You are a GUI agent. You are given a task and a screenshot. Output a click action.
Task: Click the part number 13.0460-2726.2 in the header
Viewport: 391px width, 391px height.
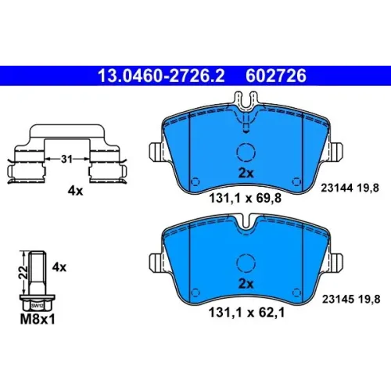pos(161,76)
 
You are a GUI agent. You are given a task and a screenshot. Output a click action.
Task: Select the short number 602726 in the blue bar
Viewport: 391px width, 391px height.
pos(276,76)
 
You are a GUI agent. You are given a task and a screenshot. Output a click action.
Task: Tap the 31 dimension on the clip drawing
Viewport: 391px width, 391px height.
pos(66,159)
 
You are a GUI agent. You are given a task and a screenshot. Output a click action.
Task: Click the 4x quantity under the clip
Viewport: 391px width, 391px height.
pos(75,191)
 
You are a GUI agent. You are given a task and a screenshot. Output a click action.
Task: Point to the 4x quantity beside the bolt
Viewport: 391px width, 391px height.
pos(59,267)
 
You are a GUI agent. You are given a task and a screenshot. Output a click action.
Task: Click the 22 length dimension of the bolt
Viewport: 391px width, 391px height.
pos(24,272)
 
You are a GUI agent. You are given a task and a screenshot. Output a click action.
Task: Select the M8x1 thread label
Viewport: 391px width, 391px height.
pos(38,319)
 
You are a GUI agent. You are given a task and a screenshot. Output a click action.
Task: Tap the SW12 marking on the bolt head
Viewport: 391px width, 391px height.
pos(38,306)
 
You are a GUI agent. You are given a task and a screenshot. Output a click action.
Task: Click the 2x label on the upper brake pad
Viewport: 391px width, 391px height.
pos(246,173)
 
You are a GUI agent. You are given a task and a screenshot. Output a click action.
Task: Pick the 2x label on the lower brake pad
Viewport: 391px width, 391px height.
pos(246,284)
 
